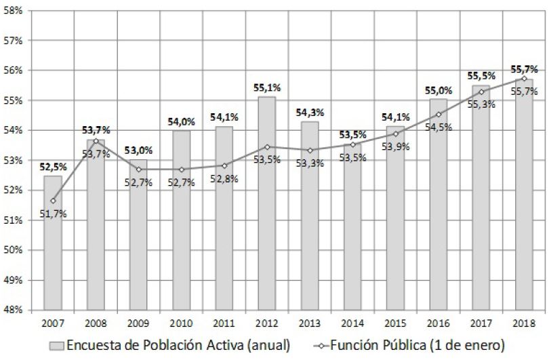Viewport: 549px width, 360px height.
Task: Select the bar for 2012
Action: point(267,203)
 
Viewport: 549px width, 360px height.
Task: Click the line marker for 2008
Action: point(96,141)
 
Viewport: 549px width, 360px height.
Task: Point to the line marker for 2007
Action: point(53,201)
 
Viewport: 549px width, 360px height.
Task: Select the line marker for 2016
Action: point(439,115)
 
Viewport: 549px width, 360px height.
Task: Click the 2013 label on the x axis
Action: point(310,323)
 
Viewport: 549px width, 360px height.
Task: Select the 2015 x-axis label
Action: point(395,323)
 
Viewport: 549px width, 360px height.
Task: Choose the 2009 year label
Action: point(138,323)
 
